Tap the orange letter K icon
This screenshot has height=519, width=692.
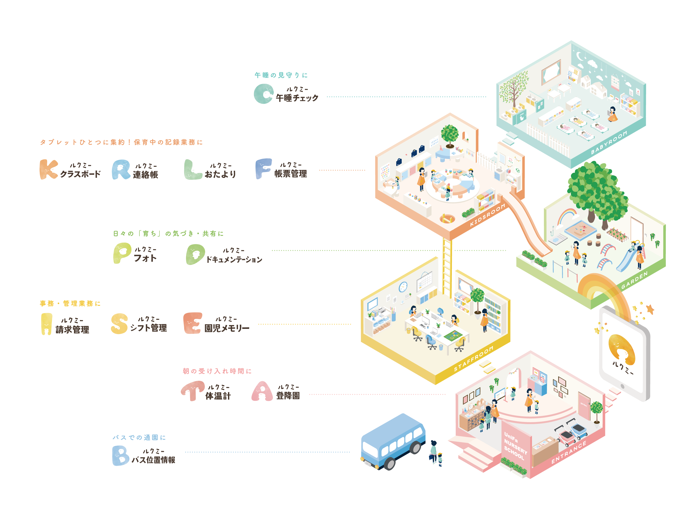pyautogui.click(x=48, y=170)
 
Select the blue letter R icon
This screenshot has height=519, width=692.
pyautogui.click(x=121, y=170)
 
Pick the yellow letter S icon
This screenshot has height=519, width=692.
pyautogui.click(x=119, y=324)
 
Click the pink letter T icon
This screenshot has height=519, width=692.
pyautogui.click(x=193, y=390)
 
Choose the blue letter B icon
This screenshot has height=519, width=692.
pyautogui.click(x=120, y=456)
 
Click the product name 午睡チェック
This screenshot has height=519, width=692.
pyautogui.click(x=297, y=98)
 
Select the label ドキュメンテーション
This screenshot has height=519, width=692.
pyautogui.click(x=234, y=259)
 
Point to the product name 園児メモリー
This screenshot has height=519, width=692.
pyautogui.click(x=227, y=328)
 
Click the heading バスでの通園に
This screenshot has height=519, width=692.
pyautogui.click(x=139, y=437)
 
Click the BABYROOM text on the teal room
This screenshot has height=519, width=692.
pyautogui.click(x=609, y=143)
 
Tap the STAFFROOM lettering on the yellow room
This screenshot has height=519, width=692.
pyautogui.click(x=474, y=359)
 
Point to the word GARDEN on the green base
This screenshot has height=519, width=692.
pyautogui.click(x=634, y=281)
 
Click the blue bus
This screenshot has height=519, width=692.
pyautogui.click(x=393, y=441)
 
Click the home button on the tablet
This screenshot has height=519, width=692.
pyautogui.click(x=622, y=387)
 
